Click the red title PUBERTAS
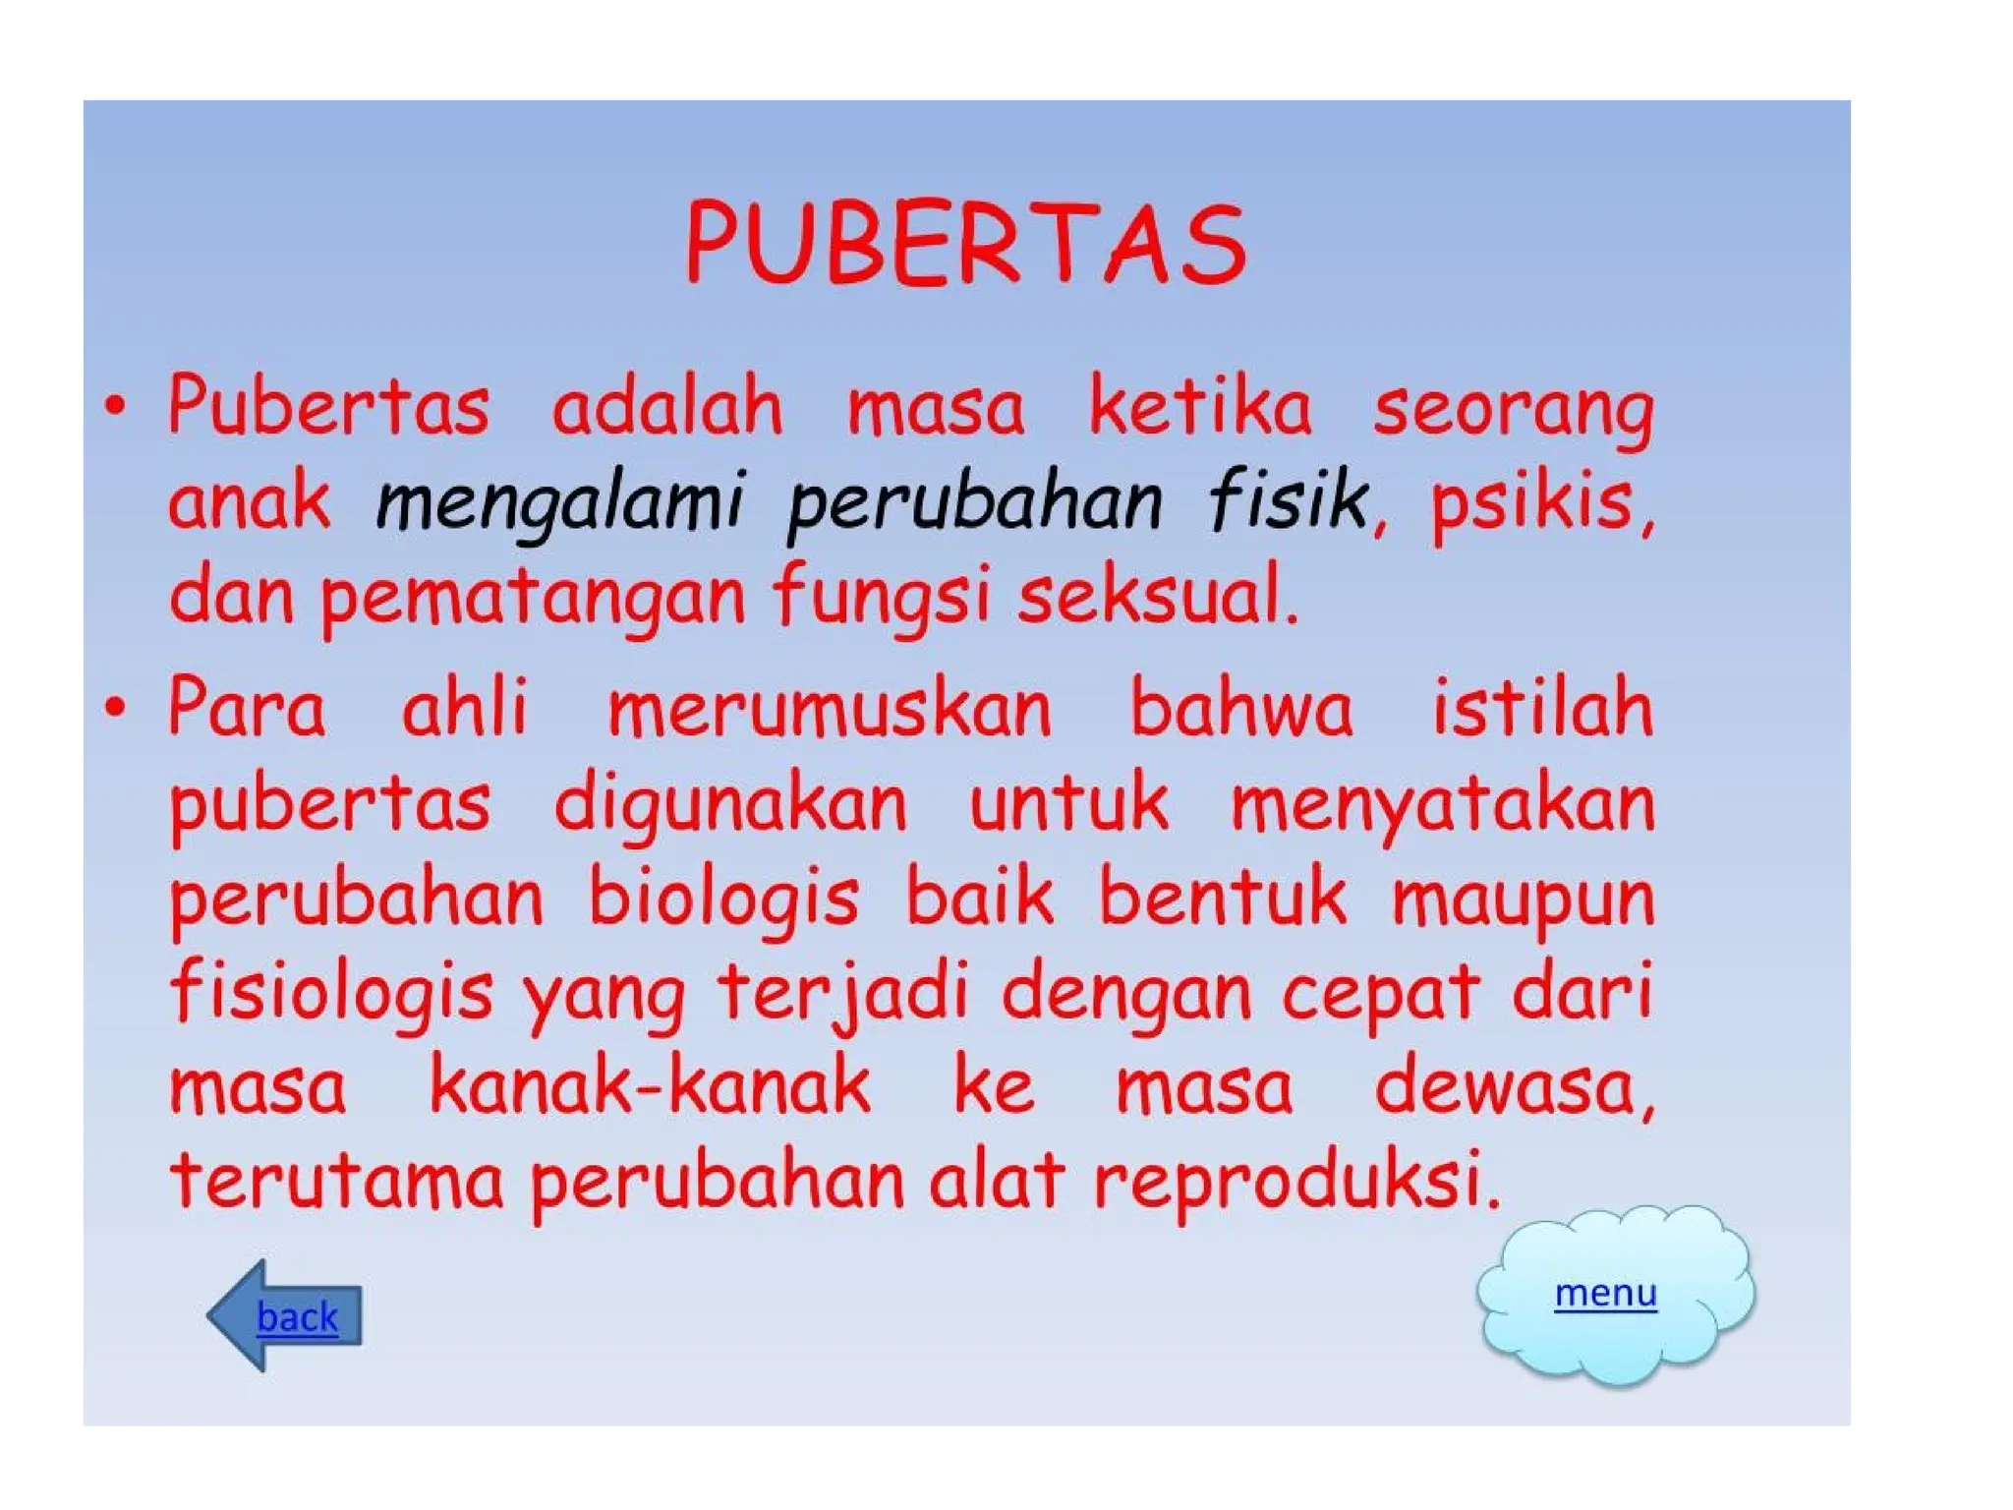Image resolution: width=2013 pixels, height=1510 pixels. coord(966,244)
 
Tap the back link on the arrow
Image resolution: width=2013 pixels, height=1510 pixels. coord(297,1316)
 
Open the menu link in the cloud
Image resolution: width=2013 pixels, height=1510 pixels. coord(1605,1293)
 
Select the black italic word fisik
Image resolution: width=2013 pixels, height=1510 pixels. coord(1289,499)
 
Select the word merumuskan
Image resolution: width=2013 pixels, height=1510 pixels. coord(830,708)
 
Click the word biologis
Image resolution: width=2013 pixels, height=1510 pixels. coord(724,899)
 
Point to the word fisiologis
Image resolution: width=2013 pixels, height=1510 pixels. coord(331,993)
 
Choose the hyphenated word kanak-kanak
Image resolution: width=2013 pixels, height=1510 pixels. coord(650,1086)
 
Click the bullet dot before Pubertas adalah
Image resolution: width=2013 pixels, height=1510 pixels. coord(116,405)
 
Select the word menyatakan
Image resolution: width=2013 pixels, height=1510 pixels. coord(1443,804)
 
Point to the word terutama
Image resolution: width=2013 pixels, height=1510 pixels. coord(336,1180)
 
